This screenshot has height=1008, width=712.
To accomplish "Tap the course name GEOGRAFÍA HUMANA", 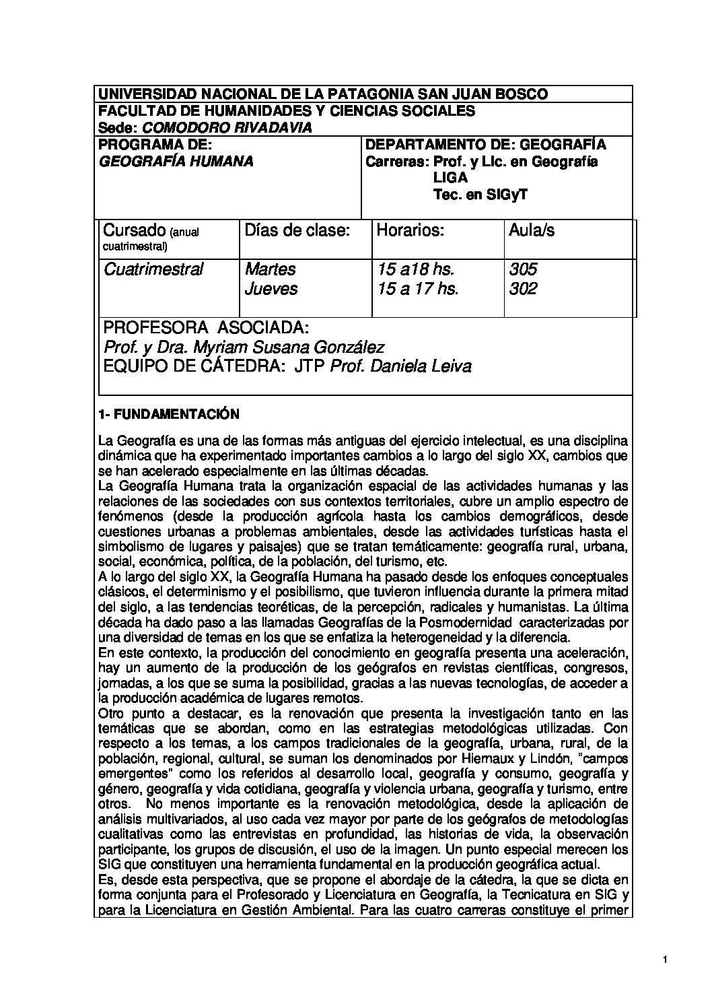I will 176,162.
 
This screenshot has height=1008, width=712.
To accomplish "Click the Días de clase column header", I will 297,231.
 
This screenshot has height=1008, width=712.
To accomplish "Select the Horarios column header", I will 411,231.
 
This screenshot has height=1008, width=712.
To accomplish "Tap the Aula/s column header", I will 532,231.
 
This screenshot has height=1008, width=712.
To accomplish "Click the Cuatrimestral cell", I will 153,269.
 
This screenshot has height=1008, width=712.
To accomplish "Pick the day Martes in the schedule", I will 270,269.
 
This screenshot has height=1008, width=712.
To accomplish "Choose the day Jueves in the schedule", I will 271,289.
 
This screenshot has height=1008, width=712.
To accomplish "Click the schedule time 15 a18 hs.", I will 415,269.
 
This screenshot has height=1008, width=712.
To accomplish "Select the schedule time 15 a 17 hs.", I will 417,289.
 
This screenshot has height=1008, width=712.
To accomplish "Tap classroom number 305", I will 523,269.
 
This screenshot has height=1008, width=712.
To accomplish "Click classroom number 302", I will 523,289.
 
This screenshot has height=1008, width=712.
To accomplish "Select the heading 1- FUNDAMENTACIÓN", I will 168,414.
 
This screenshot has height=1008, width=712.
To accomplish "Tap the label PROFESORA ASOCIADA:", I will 206,328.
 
